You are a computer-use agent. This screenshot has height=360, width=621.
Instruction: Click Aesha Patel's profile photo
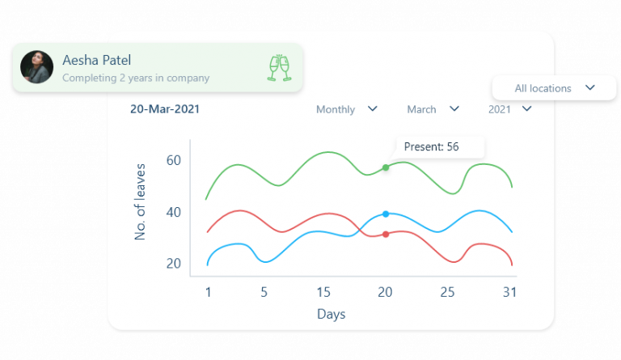tap(36, 67)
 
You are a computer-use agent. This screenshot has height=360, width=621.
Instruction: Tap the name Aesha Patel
tap(96, 60)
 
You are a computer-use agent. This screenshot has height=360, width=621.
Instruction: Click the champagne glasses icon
tap(278, 68)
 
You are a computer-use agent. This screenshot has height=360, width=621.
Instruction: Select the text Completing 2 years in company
tap(136, 78)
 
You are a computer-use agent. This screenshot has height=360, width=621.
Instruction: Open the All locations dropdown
tap(554, 88)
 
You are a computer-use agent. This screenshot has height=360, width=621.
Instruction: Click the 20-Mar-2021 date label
tap(165, 109)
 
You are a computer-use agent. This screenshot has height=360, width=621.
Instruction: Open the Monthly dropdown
tap(346, 109)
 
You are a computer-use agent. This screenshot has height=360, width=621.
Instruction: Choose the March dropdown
tap(433, 109)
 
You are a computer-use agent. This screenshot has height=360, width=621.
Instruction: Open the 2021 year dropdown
tap(509, 109)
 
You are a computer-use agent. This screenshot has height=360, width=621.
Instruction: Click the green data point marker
tap(386, 167)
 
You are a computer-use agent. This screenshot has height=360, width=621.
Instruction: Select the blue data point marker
tap(386, 214)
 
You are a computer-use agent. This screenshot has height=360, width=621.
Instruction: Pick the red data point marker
tap(386, 235)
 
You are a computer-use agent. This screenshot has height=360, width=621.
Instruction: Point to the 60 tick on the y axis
tap(173, 160)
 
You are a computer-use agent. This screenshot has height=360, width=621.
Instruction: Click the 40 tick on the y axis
tap(173, 212)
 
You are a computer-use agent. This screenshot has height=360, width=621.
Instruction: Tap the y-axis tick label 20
tap(173, 263)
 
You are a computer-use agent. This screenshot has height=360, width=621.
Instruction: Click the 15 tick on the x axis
tap(323, 292)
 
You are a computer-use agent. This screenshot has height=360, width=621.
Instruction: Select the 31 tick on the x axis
tap(509, 292)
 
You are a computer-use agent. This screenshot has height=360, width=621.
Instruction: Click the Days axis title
tap(331, 313)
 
